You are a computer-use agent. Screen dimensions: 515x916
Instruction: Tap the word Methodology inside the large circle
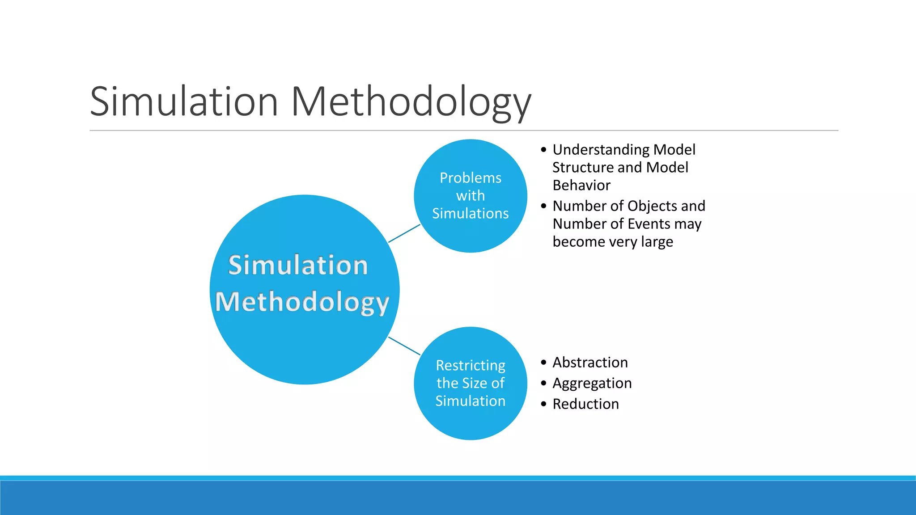point(302,302)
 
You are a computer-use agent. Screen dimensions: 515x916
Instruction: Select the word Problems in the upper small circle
point(471,178)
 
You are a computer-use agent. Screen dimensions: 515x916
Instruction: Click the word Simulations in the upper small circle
point(471,214)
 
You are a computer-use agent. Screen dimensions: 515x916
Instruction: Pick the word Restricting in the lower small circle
point(471,365)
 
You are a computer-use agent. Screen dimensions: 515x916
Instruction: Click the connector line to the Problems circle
point(404,233)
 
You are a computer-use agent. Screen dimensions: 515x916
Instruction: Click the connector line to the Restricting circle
point(404,346)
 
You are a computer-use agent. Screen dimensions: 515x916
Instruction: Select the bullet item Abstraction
point(590,362)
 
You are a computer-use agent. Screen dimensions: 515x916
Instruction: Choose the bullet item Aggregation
point(592,383)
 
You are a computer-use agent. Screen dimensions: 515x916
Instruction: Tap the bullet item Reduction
point(585,404)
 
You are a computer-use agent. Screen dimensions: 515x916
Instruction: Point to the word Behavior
point(581,185)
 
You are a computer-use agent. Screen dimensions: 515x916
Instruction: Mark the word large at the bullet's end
point(657,242)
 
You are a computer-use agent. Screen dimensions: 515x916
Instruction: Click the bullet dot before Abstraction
point(543,362)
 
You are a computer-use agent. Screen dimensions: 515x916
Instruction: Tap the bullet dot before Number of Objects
point(543,206)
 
